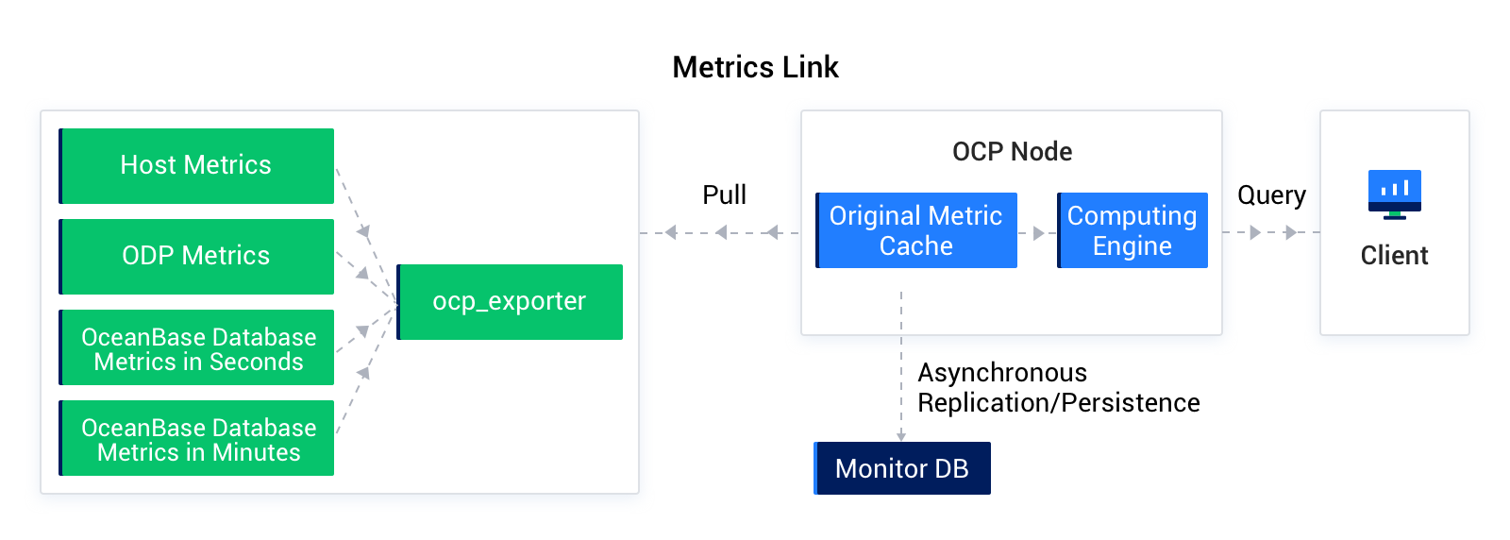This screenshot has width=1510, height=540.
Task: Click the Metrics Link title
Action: tap(755, 67)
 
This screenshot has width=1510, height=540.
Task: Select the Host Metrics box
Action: tap(196, 165)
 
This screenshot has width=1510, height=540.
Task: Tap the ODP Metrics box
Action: tap(196, 256)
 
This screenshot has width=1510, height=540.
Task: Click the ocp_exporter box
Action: tap(510, 301)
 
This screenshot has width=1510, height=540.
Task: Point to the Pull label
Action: tap(724, 194)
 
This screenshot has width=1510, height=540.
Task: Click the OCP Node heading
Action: tap(1012, 151)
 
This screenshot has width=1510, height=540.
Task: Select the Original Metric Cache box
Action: tap(915, 230)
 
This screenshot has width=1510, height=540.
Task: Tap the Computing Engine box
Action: tap(1132, 230)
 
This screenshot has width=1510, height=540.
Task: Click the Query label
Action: tap(1271, 194)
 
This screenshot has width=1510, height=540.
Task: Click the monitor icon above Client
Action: tap(1394, 194)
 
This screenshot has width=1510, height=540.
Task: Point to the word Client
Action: tap(1394, 255)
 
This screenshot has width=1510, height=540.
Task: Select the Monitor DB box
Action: tap(901, 468)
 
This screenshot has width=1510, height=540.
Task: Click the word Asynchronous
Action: tap(1002, 372)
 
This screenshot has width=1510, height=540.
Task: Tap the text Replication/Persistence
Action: tap(1058, 403)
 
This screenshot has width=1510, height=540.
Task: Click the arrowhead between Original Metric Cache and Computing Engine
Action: tap(1038, 232)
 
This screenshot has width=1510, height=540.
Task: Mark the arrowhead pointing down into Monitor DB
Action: tap(901, 435)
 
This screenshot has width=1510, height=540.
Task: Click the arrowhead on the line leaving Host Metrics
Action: tap(363, 231)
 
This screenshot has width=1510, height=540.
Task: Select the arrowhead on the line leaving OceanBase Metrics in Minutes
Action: tap(363, 373)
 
